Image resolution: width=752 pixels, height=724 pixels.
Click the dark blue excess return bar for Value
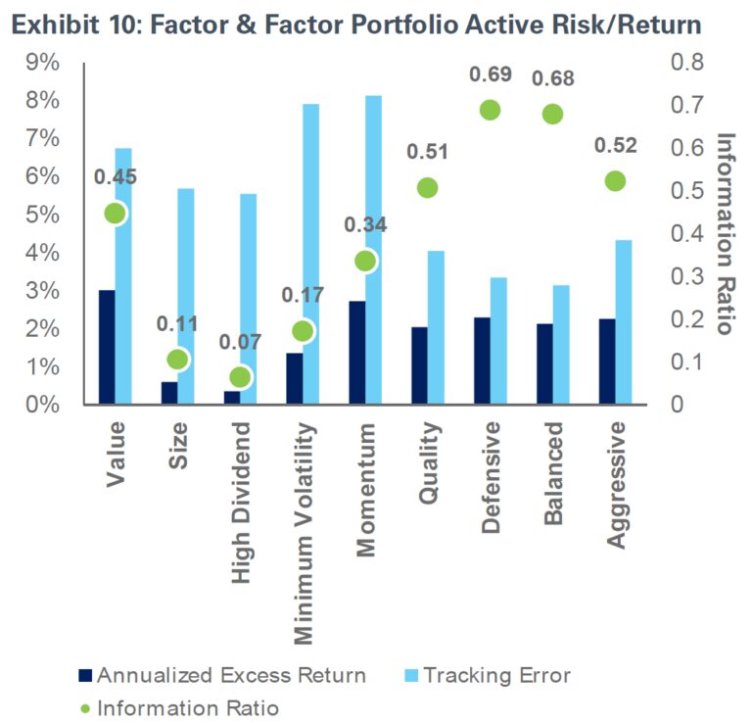(x=106, y=347)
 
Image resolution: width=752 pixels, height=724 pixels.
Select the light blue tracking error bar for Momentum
(x=372, y=250)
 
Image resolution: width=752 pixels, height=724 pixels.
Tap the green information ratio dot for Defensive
(x=490, y=110)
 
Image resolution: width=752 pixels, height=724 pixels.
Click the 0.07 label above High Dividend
(x=240, y=344)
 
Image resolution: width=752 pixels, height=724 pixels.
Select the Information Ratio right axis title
(x=725, y=233)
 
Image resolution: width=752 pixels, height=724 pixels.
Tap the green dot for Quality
(x=426, y=188)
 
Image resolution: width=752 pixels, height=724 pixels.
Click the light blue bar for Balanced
(x=560, y=345)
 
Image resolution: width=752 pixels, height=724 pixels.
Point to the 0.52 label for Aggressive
(x=615, y=147)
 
